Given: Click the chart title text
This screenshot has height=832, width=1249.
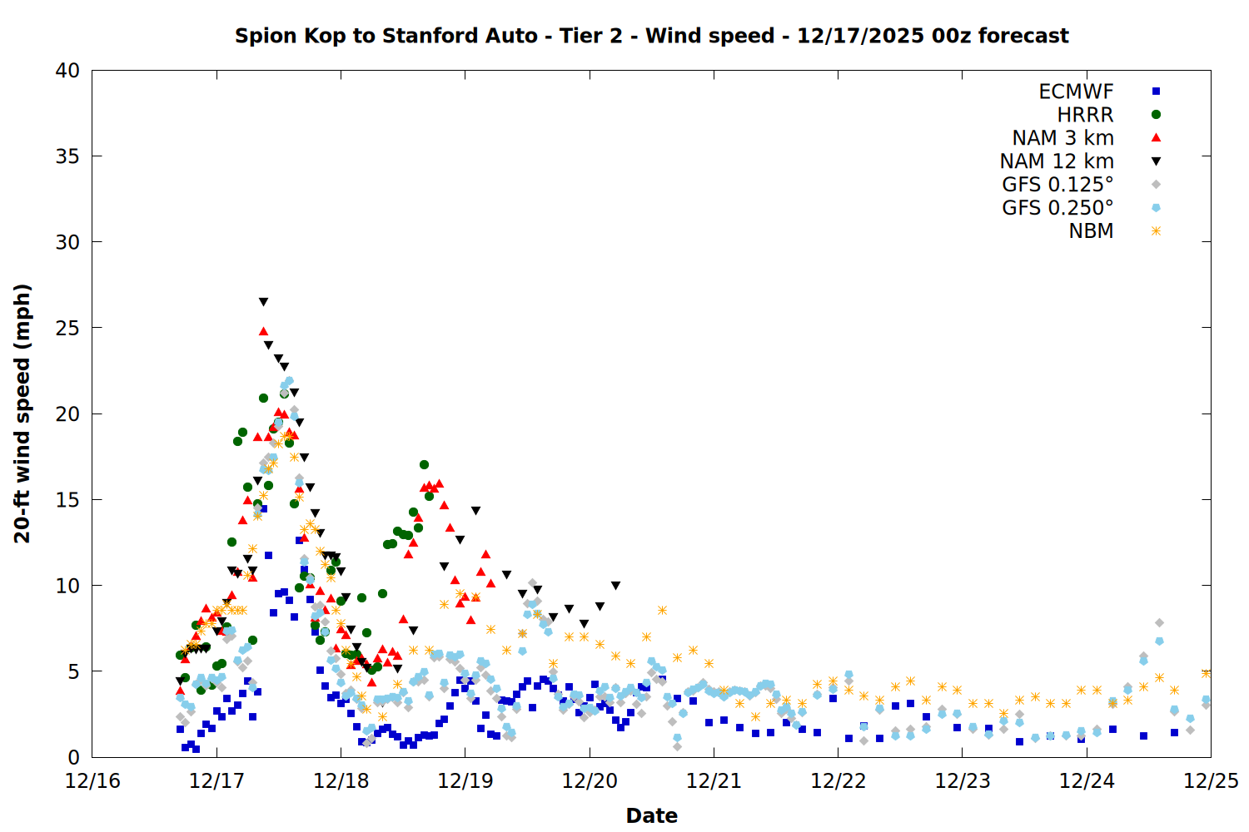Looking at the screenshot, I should pyautogui.click(x=651, y=36).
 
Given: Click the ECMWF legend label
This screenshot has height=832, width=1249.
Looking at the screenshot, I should pyautogui.click(x=1076, y=92).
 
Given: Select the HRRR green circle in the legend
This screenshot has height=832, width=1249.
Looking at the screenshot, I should pyautogui.click(x=1156, y=115).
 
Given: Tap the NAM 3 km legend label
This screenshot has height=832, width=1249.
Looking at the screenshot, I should pyautogui.click(x=1062, y=138).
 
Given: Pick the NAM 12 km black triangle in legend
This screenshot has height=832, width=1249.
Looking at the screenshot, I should pyautogui.click(x=1156, y=161).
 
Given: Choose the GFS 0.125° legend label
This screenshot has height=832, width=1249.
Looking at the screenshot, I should pyautogui.click(x=1057, y=185).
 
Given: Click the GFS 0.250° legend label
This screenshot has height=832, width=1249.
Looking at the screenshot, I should pyautogui.click(x=1057, y=208).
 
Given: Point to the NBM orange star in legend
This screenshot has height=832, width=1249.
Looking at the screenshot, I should pyautogui.click(x=1156, y=231).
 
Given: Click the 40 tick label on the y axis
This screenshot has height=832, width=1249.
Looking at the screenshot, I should pyautogui.click(x=67, y=71).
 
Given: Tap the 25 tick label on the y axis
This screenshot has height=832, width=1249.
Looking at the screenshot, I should pyautogui.click(x=67, y=328).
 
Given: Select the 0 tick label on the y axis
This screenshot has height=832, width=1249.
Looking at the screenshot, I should pyautogui.click(x=73, y=757).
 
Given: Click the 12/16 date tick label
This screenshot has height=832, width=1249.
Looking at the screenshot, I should pyautogui.click(x=92, y=781).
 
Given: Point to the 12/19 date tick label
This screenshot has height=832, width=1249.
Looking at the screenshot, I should pyautogui.click(x=465, y=781).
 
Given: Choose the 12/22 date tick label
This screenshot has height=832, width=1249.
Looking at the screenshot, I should pyautogui.click(x=838, y=781).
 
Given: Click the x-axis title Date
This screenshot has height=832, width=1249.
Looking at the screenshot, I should pyautogui.click(x=651, y=815).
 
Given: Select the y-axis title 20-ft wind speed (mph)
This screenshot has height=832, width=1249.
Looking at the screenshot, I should pyautogui.click(x=22, y=414).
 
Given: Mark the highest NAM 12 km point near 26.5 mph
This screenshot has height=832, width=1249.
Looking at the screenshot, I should pyautogui.click(x=263, y=302).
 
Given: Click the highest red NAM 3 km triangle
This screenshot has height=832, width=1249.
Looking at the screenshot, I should pyautogui.click(x=263, y=331).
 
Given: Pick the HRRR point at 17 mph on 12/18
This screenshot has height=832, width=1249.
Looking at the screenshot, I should pyautogui.click(x=424, y=464).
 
